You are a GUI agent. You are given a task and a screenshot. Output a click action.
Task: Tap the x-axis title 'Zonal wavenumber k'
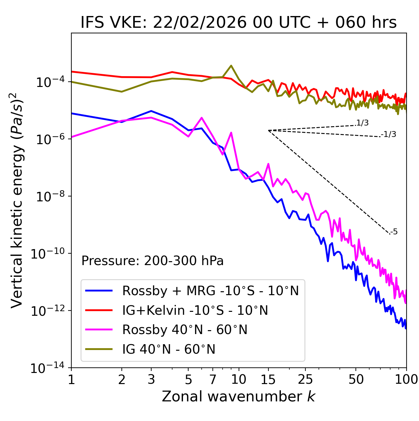click(x=239, y=396)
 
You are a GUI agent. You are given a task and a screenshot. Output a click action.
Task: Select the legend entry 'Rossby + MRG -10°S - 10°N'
click(x=210, y=291)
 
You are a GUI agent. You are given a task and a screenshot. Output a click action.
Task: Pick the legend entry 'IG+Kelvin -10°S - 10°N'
click(x=195, y=310)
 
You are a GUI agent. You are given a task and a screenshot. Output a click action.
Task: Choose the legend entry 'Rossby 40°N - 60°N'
click(x=185, y=330)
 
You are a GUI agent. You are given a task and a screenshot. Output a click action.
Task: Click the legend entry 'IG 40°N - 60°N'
click(x=169, y=349)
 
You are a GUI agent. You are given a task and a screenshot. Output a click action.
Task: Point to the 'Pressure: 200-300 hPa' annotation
click(x=153, y=261)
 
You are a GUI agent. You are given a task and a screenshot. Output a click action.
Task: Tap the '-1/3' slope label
click(x=389, y=134)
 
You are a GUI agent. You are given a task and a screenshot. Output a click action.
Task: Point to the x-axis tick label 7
click(x=213, y=379)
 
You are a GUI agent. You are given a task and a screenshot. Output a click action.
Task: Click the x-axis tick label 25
click(x=305, y=379)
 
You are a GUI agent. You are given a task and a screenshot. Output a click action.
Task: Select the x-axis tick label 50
click(x=356, y=379)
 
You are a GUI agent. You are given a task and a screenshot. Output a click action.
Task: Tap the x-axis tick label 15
click(x=268, y=379)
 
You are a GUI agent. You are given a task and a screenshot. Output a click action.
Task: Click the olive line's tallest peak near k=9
click(x=231, y=65)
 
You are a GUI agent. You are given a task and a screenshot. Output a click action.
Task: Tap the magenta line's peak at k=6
click(x=202, y=118)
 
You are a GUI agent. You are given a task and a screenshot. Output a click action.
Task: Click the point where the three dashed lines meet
click(x=268, y=130)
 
